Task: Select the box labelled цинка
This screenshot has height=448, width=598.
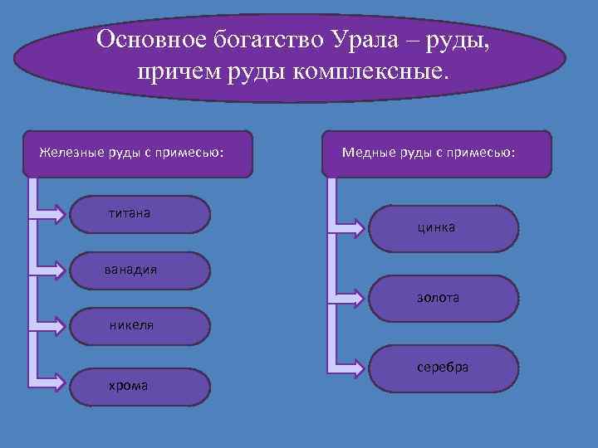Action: (x=444, y=228)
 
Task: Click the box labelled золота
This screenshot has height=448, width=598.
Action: (x=444, y=297)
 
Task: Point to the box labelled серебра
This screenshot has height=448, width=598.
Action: (x=444, y=368)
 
